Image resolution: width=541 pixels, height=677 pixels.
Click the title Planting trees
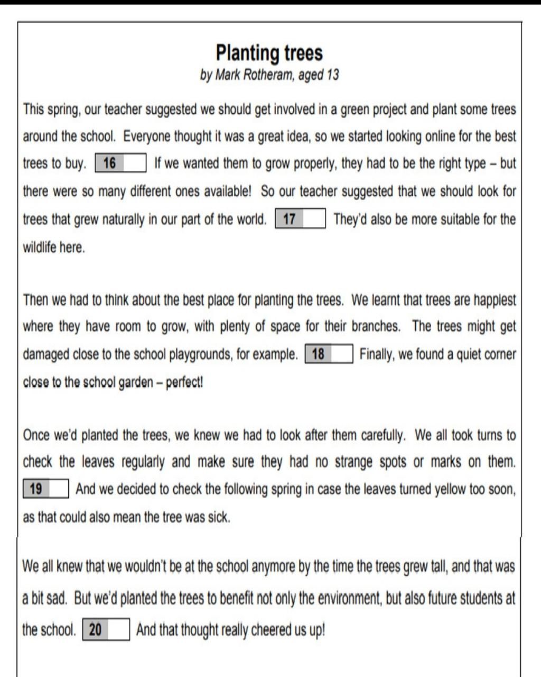coord(269,53)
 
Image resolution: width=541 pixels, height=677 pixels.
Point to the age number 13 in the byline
coord(332,75)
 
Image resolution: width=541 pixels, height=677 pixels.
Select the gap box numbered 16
coord(120,163)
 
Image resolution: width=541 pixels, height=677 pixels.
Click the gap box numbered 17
coord(300,219)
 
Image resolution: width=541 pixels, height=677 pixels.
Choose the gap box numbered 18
coord(329,354)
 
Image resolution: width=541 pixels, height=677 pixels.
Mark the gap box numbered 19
coord(46,489)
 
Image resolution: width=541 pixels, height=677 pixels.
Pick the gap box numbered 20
coord(106,630)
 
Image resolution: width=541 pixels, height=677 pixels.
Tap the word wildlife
coord(40,247)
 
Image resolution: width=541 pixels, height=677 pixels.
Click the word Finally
coord(377,354)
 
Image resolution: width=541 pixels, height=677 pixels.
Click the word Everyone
coord(147,136)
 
